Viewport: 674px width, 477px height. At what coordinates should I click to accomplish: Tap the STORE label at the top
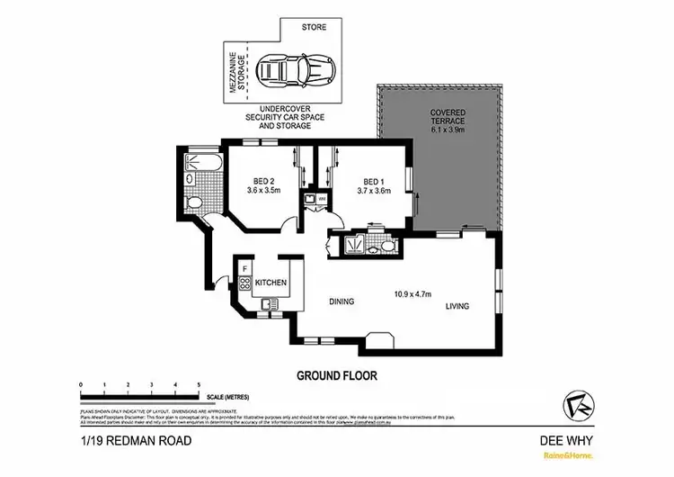point(314,27)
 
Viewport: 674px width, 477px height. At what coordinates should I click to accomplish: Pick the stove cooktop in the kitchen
point(244,285)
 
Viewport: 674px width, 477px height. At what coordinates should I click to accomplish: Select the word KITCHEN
point(271,283)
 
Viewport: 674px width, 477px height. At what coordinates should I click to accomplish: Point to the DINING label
point(341,301)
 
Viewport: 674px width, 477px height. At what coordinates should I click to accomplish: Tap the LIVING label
point(458,307)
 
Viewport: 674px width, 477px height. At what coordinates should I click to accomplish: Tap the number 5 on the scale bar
point(199,385)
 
